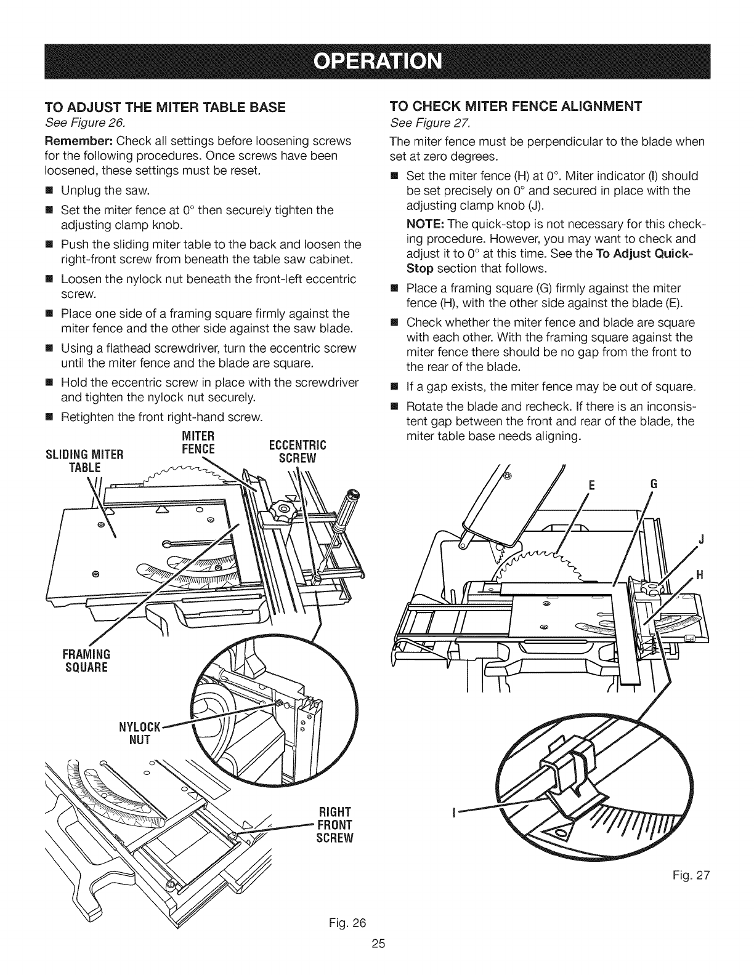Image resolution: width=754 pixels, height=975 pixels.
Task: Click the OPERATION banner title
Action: click(376, 62)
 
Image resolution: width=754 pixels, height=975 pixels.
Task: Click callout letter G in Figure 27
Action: click(653, 484)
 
